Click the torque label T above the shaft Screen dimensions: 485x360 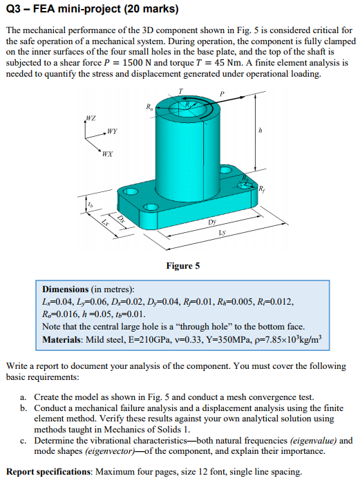[x=180, y=91]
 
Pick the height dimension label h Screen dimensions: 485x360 [x=260, y=129]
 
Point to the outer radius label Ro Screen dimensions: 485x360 [x=149, y=106]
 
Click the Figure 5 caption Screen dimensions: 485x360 [x=182, y=265]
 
